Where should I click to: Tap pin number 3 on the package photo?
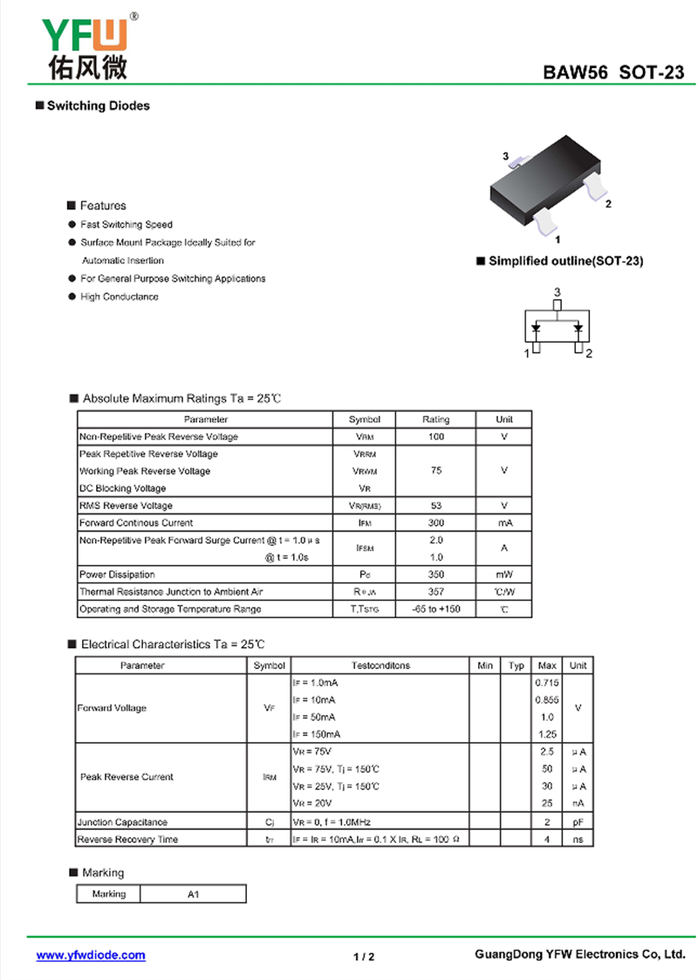pos(505,156)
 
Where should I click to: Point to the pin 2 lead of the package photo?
pos(595,185)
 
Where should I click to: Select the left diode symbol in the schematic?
pos(537,329)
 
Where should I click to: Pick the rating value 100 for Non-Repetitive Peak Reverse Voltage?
pos(436,437)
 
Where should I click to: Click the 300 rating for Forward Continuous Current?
pos(436,523)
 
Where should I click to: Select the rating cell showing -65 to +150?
pos(436,609)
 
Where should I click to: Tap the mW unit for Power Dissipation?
pos(504,575)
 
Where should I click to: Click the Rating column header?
pos(436,419)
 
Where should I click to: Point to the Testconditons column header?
pos(380,665)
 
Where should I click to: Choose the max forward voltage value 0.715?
pos(547,683)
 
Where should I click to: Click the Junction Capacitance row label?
pos(122,822)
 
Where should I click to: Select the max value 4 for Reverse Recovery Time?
pos(547,840)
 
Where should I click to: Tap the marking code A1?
pos(193,895)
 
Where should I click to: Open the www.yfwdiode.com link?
pos(91,956)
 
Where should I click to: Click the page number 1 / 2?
pos(364,956)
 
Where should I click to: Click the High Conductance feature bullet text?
pos(120,297)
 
